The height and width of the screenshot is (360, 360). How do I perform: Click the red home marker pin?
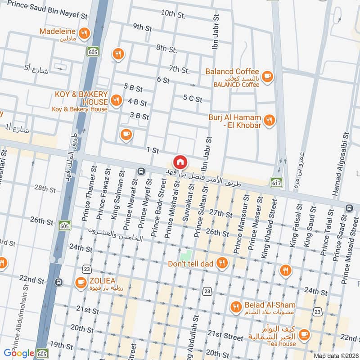180,162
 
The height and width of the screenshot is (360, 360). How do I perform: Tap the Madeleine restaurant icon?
83,33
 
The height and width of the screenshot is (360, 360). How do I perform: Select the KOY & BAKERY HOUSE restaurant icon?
117,100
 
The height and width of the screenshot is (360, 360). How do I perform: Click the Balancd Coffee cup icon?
267,76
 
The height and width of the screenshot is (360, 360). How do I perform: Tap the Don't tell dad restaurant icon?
221,263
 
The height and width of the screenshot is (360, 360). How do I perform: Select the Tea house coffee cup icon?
304,334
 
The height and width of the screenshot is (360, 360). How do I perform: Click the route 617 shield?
275,182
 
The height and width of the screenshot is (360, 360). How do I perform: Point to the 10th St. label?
173,14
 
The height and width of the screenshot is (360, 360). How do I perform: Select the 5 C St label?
193,99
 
